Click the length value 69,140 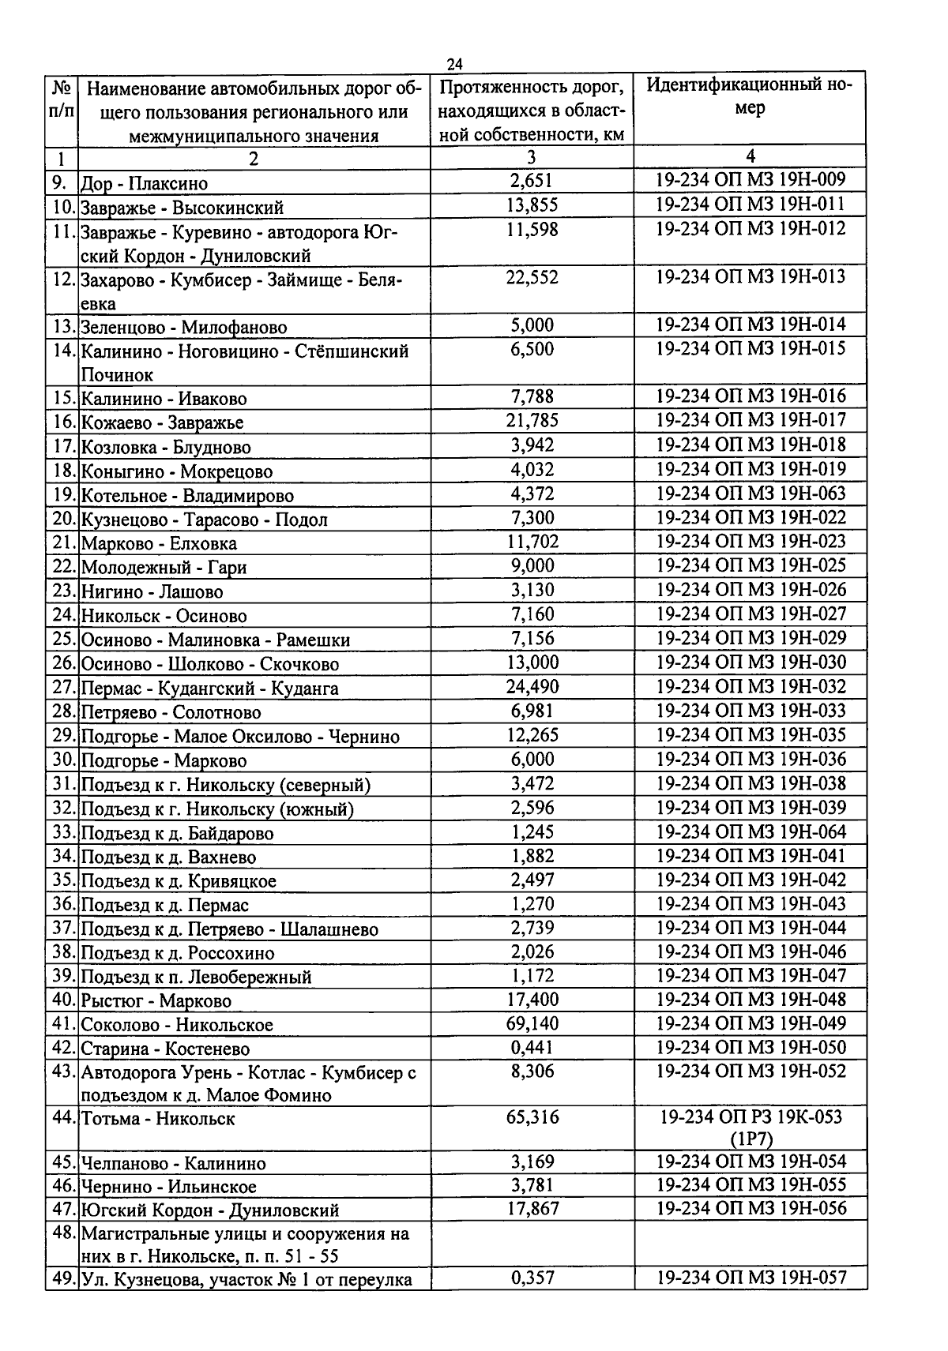pyautogui.click(x=532, y=1024)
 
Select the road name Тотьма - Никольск pyautogui.click(x=158, y=1119)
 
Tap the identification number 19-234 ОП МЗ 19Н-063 pyautogui.click(x=750, y=493)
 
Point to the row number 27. pyautogui.click(x=63, y=688)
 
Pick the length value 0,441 pyautogui.click(x=532, y=1048)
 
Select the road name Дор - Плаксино pyautogui.click(x=145, y=184)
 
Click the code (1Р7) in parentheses pyautogui.click(x=750, y=1139)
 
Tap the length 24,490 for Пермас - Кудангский pyautogui.click(x=532, y=687)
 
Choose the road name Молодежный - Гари pyautogui.click(x=164, y=567)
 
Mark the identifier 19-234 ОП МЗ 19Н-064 pyautogui.click(x=750, y=831)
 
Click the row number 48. pyautogui.click(x=63, y=1233)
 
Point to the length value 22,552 pyautogui.click(x=532, y=277)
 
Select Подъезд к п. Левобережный pyautogui.click(x=196, y=977)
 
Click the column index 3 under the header pyautogui.click(x=532, y=158)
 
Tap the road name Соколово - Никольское pyautogui.click(x=177, y=1025)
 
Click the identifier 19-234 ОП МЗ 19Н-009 pyautogui.click(x=750, y=180)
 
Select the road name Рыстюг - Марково pyautogui.click(x=156, y=1001)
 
